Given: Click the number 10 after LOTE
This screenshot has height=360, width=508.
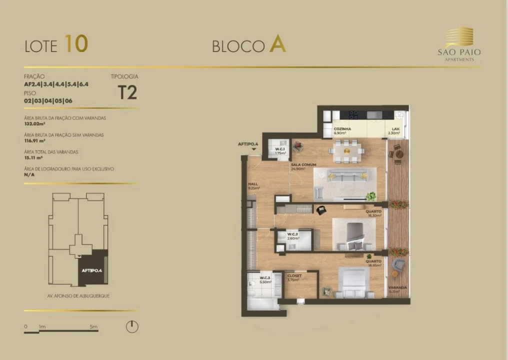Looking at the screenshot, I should click(76, 44).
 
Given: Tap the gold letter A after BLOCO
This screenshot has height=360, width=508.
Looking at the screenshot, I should click(277, 44).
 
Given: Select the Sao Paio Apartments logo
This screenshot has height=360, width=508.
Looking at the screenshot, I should click(459, 44).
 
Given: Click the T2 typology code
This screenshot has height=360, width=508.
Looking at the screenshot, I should click(127, 92).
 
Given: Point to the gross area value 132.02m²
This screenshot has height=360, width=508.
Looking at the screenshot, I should click(35, 123).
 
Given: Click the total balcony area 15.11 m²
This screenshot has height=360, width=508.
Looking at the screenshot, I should click(34, 157).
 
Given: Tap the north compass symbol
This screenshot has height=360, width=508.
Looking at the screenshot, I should click(132, 327).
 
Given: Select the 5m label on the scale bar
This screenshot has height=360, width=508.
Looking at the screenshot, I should click(93, 326).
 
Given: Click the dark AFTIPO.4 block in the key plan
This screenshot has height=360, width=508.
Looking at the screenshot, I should click(92, 267).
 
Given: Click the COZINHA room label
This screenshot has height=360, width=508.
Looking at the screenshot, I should click(342, 129).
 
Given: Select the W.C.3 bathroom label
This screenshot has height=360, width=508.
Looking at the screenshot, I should click(265, 277).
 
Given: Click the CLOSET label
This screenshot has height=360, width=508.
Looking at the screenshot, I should click(294, 275).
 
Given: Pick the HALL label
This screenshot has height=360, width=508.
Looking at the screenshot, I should click(253, 184).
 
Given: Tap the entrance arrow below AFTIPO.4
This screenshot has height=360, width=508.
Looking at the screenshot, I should click(254, 149).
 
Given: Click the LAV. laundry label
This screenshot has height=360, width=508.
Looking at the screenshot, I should click(395, 129).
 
